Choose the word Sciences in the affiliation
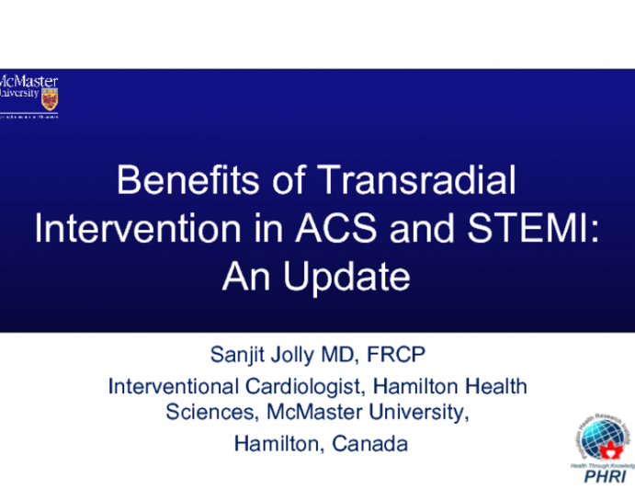pos(204,413)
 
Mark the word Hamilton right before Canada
pos(274,443)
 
